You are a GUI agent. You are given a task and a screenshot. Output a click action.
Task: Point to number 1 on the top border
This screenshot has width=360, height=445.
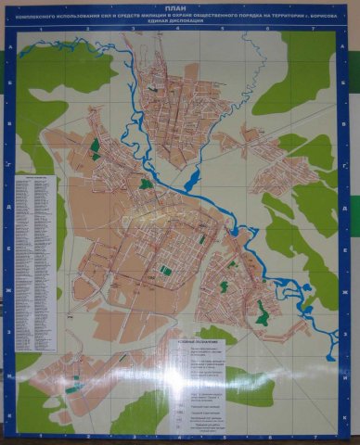click(41, 30)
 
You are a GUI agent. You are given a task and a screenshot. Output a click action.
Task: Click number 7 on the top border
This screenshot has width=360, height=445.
click(314, 30)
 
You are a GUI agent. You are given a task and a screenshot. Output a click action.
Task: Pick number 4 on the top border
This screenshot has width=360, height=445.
click(177, 30)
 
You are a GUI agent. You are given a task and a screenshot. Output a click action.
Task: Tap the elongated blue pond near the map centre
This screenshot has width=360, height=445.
click(193, 177)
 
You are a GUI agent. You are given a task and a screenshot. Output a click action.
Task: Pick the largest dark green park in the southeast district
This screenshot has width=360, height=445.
click(263, 315)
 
